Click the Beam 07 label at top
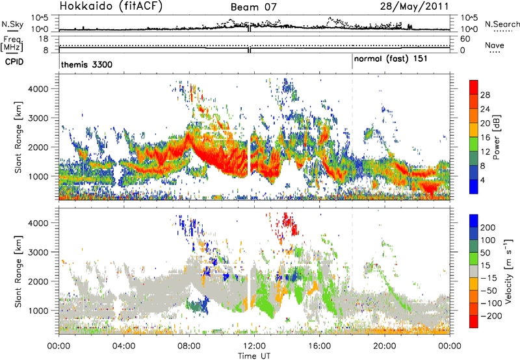pyautogui.click(x=255, y=8)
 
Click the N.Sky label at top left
pyautogui.click(x=12, y=23)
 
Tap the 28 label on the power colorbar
pyautogui.click(x=485, y=95)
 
